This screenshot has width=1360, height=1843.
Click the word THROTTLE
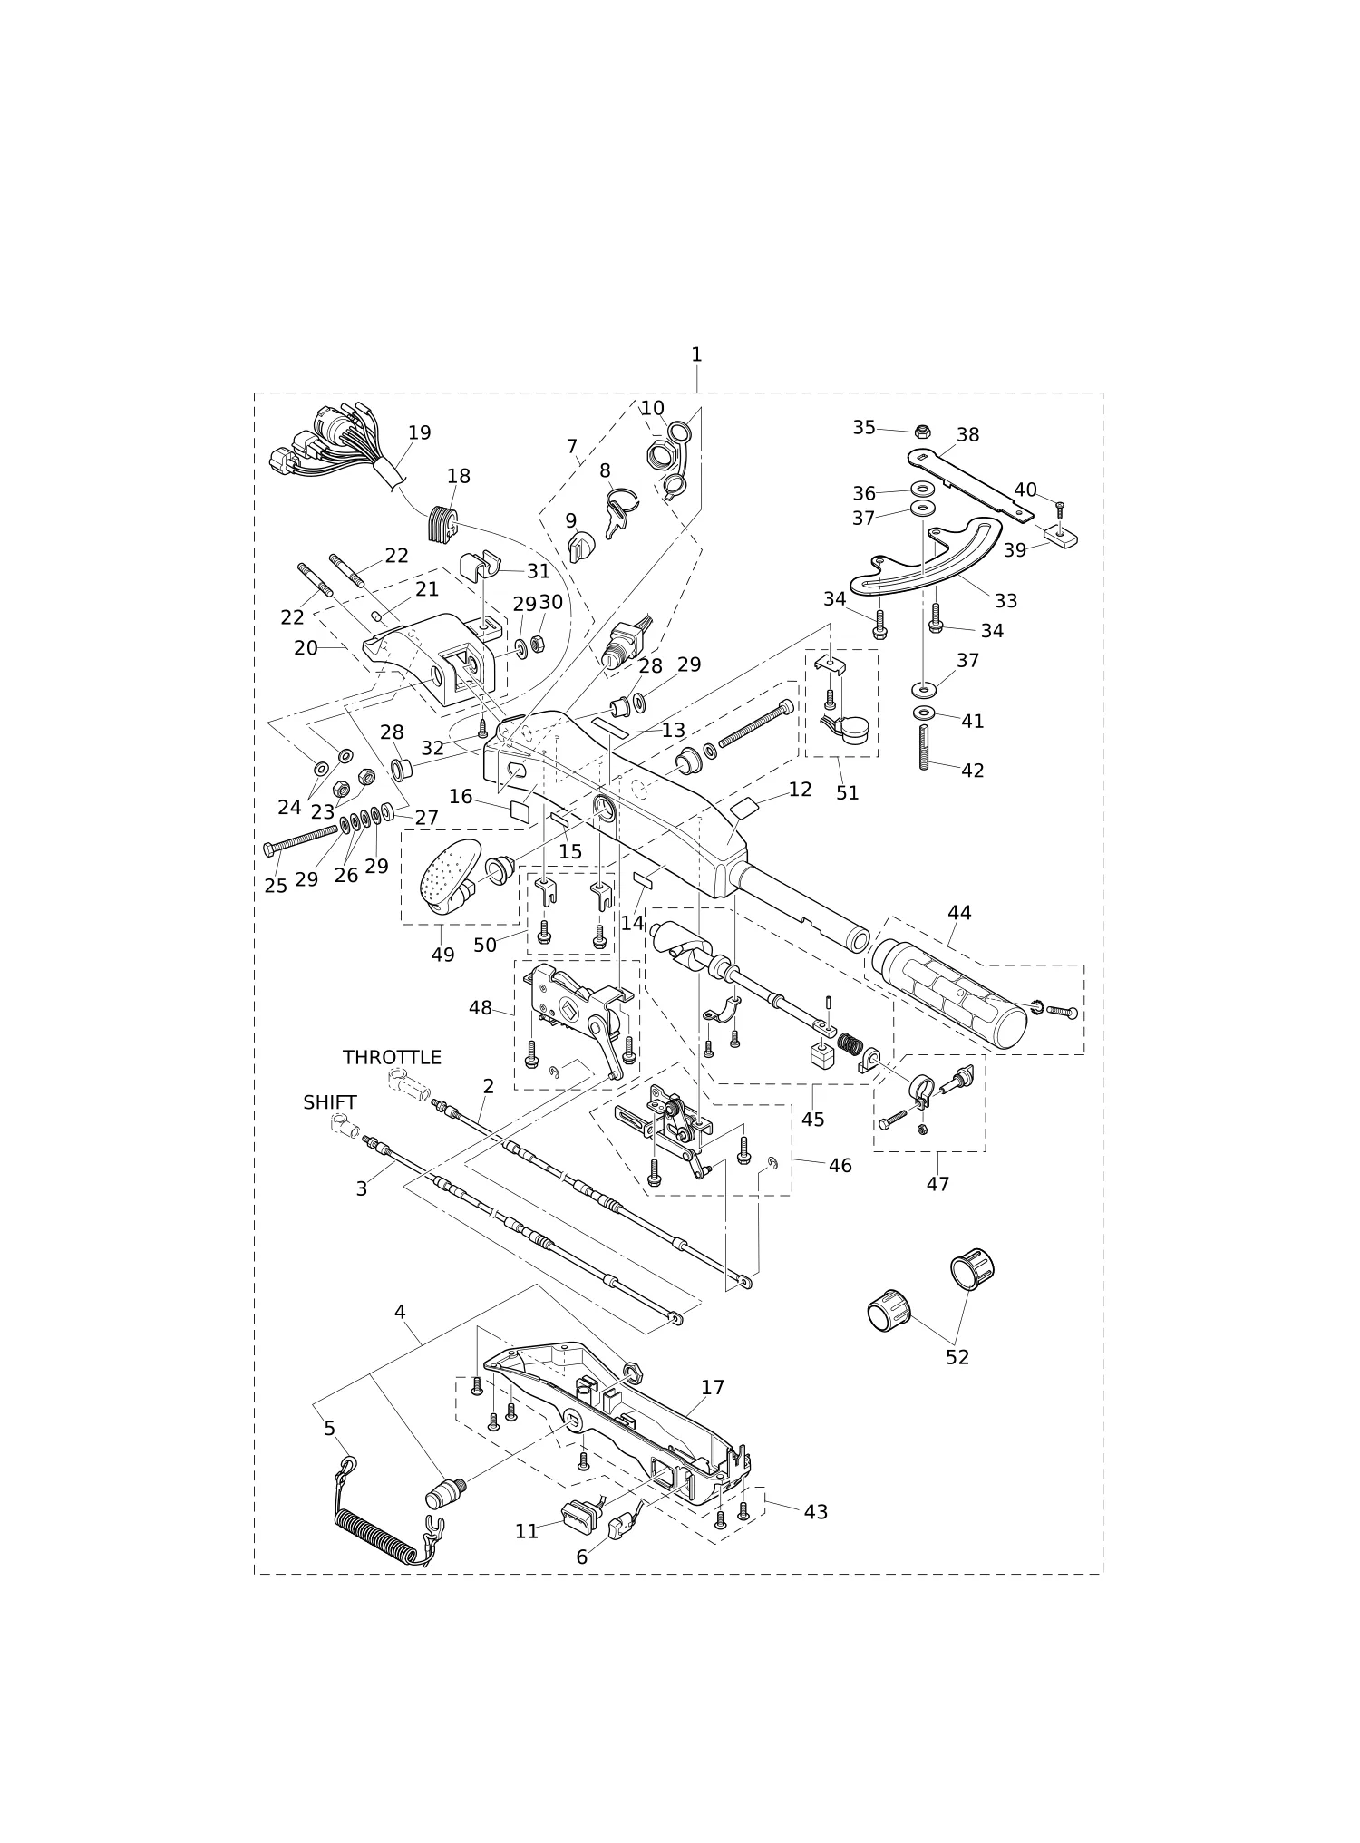[392, 1057]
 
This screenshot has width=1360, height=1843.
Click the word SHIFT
[330, 1102]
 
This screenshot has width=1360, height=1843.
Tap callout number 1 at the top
[696, 354]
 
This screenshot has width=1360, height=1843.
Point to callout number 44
[959, 913]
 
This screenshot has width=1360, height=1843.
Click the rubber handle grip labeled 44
[948, 994]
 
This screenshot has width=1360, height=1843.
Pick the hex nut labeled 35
[923, 431]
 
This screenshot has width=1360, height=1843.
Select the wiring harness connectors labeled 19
[331, 444]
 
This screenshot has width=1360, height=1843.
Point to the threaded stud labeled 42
[924, 747]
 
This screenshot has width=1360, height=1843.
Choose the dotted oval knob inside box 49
[451, 874]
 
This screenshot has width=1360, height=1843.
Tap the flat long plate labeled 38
[970, 484]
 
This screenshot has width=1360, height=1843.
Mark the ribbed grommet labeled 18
[442, 525]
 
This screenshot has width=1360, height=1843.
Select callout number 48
[481, 1008]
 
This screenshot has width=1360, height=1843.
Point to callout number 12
[801, 790]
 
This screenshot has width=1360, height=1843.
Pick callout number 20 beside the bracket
[306, 648]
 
